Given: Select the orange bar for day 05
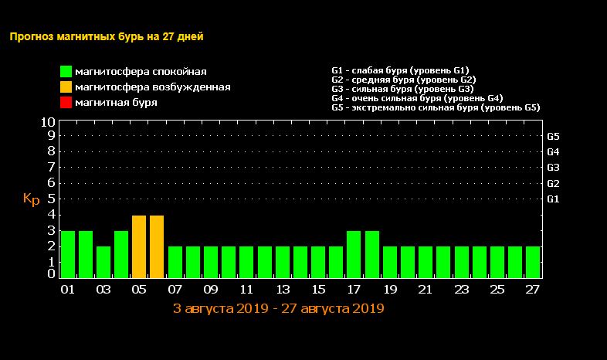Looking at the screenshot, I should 139,246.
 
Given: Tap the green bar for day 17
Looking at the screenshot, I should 354,254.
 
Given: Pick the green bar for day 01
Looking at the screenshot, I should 68,254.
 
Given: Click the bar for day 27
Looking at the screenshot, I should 533,262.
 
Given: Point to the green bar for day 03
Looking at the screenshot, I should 103,262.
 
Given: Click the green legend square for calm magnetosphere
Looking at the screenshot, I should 66,72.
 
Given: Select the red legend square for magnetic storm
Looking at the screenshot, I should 66,103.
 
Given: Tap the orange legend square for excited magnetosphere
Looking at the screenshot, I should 66,87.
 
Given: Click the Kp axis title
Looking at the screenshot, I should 31,199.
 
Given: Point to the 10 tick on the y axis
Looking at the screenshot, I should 47,122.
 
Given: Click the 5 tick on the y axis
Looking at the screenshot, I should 51,199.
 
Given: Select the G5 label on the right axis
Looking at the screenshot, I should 553,136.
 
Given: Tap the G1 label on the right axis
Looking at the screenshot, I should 553,199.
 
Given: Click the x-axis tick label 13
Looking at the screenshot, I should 283,290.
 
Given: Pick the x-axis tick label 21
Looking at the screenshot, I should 426,290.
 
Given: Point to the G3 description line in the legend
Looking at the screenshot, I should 402,89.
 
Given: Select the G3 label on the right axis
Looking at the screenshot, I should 553,168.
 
